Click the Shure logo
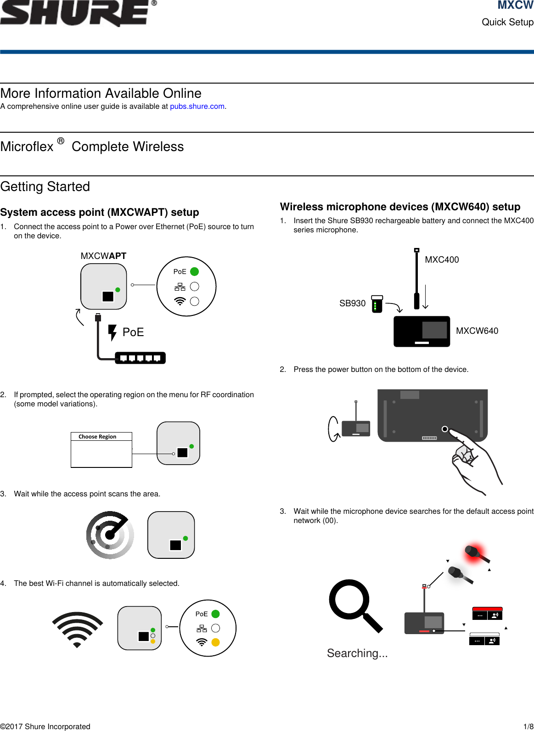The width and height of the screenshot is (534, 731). (x=76, y=13)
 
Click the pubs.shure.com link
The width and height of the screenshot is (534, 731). (x=197, y=107)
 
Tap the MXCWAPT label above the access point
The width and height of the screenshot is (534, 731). (x=103, y=256)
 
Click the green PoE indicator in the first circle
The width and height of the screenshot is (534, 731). (x=194, y=272)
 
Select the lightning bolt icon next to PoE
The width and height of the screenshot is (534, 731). (x=112, y=332)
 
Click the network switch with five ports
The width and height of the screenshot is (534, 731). (x=140, y=358)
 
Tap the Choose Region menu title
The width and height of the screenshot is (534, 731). (x=97, y=437)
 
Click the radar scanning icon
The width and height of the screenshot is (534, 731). (x=110, y=535)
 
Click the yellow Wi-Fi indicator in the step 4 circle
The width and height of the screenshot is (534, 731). (x=215, y=642)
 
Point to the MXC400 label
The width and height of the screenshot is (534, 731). (x=442, y=260)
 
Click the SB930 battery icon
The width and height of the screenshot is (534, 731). (x=377, y=304)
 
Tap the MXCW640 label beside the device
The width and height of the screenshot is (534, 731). (x=477, y=331)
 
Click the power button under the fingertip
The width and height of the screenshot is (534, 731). (x=444, y=429)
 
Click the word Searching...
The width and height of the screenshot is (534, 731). (x=357, y=653)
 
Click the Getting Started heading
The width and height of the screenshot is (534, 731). (x=45, y=187)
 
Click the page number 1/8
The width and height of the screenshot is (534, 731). (x=528, y=726)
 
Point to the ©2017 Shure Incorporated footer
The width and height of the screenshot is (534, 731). (x=45, y=726)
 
